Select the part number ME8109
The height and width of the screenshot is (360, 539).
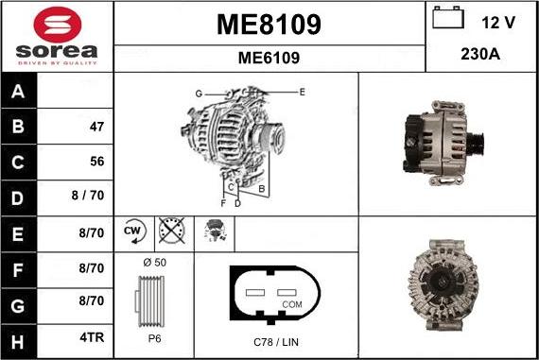pyautogui.click(x=269, y=25)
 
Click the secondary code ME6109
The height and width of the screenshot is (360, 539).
pyautogui.click(x=269, y=58)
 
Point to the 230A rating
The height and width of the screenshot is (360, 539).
pyautogui.click(x=479, y=54)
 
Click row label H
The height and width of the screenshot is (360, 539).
pyautogui.click(x=18, y=337)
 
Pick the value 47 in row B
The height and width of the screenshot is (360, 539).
pyautogui.click(x=96, y=127)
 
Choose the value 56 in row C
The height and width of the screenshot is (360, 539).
pyautogui.click(x=96, y=162)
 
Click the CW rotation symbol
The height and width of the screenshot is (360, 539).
pyautogui.click(x=131, y=231)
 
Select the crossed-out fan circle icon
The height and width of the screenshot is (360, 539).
pyautogui.click(x=171, y=231)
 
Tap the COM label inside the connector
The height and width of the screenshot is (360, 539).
pyautogui.click(x=292, y=305)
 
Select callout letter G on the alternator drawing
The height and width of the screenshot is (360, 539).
pyautogui.click(x=199, y=94)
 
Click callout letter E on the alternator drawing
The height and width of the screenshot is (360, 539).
pyautogui.click(x=302, y=92)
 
